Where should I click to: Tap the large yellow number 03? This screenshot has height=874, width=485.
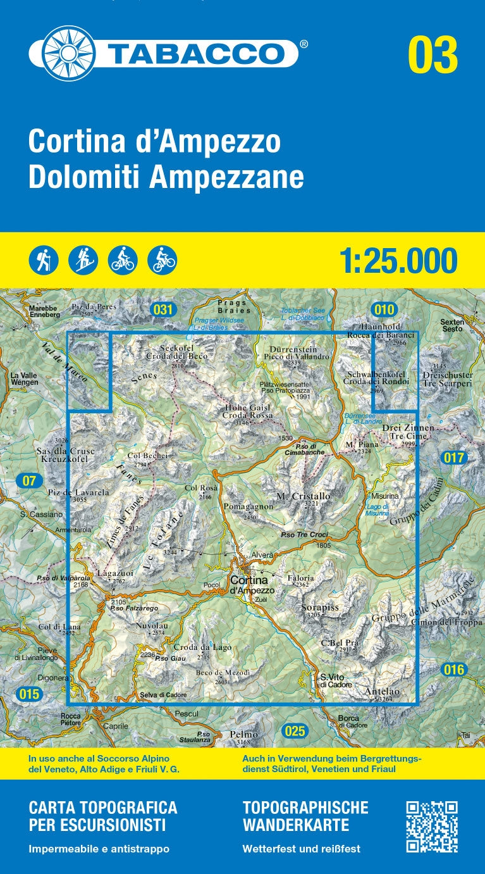[433, 56]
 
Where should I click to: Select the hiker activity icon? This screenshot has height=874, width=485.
[44, 260]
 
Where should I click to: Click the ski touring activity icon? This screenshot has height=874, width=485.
[83, 260]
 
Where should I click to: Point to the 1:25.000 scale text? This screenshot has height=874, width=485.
[398, 261]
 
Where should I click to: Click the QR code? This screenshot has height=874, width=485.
[432, 827]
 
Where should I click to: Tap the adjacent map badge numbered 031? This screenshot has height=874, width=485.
[163, 309]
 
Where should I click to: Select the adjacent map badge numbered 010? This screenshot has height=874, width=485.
[384, 309]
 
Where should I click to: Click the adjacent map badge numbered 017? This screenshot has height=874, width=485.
[454, 458]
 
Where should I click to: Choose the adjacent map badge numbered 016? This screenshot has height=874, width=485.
[454, 670]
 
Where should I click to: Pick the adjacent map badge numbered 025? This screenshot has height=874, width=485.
[295, 732]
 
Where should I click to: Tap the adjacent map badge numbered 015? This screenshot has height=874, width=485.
[29, 694]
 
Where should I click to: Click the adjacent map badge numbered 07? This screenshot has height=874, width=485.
[29, 480]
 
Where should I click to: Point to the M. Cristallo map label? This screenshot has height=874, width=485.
[304, 496]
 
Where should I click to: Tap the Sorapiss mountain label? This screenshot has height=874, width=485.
[320, 608]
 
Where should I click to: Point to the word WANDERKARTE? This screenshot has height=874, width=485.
[296, 825]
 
